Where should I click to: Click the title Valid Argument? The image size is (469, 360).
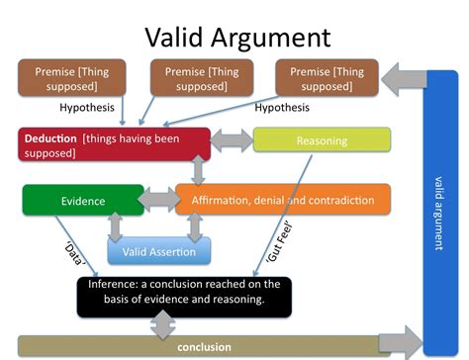[x=237, y=37]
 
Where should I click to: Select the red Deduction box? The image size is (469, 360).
[x=113, y=144]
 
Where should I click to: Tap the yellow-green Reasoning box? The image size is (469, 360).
[x=322, y=140]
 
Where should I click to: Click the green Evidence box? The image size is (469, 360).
[x=83, y=201]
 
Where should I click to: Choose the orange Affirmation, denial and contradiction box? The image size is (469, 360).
[x=282, y=201]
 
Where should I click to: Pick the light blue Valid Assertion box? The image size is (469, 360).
[x=158, y=251]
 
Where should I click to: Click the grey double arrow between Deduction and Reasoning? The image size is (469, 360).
[x=232, y=139]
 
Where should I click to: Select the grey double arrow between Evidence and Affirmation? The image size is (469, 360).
[x=156, y=201]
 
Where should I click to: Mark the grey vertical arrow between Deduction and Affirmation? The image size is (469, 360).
[x=198, y=171]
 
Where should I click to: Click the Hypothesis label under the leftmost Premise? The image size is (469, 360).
[x=87, y=107]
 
